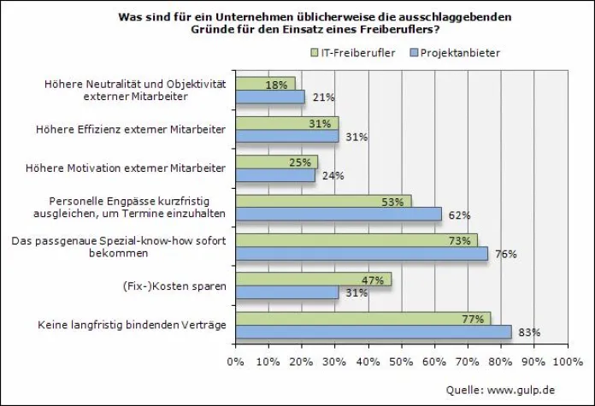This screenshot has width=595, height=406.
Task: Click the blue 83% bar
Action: (x=374, y=332)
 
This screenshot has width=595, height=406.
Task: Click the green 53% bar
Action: (x=323, y=201)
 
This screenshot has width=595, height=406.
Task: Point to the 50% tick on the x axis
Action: (x=401, y=360)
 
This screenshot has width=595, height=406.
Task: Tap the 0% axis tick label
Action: (x=235, y=360)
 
